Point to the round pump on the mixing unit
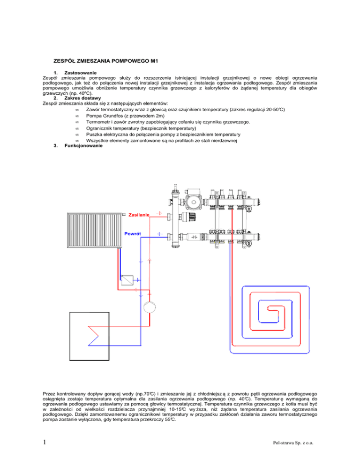tap(193, 202)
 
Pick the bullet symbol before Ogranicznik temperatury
tap(76, 128)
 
